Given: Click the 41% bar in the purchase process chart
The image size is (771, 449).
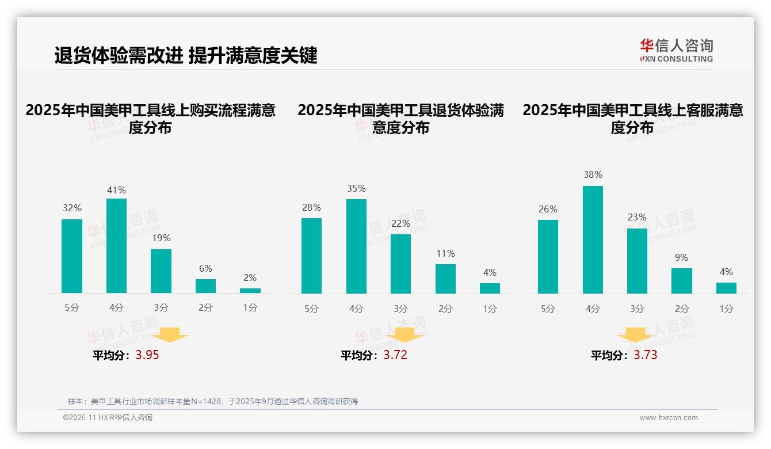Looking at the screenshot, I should pos(116,246).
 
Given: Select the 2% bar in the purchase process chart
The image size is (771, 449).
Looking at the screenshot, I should pos(250,291).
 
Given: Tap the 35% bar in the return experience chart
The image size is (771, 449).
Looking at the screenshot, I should pos(356,246).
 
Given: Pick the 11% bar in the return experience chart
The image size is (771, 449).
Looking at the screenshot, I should pos(445,279).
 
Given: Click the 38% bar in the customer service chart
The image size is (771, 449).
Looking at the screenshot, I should pos(593,239).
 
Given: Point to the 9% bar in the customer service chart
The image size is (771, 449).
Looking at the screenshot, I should pos(682,281).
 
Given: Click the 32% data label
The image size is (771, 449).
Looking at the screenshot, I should pos(72,208).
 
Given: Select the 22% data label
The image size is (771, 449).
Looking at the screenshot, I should pos(400,223).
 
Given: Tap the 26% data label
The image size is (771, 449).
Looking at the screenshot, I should pos(548,209).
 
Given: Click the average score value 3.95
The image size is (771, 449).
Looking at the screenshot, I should pos(147,355).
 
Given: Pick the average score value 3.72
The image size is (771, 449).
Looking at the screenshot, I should pos(395,355).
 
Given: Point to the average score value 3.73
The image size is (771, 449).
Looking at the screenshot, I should pos(646,355).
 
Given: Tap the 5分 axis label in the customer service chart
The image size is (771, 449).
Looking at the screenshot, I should pos(548,309).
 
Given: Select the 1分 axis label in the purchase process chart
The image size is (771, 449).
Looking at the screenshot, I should pos(250,307).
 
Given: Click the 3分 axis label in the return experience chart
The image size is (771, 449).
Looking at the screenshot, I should pos(400,309).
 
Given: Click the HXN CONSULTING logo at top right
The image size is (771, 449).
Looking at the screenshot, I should pos(676,51).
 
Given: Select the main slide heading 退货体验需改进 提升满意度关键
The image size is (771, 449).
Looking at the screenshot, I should pos(186,56).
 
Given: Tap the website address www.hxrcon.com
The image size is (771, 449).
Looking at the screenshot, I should pos(669,418).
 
